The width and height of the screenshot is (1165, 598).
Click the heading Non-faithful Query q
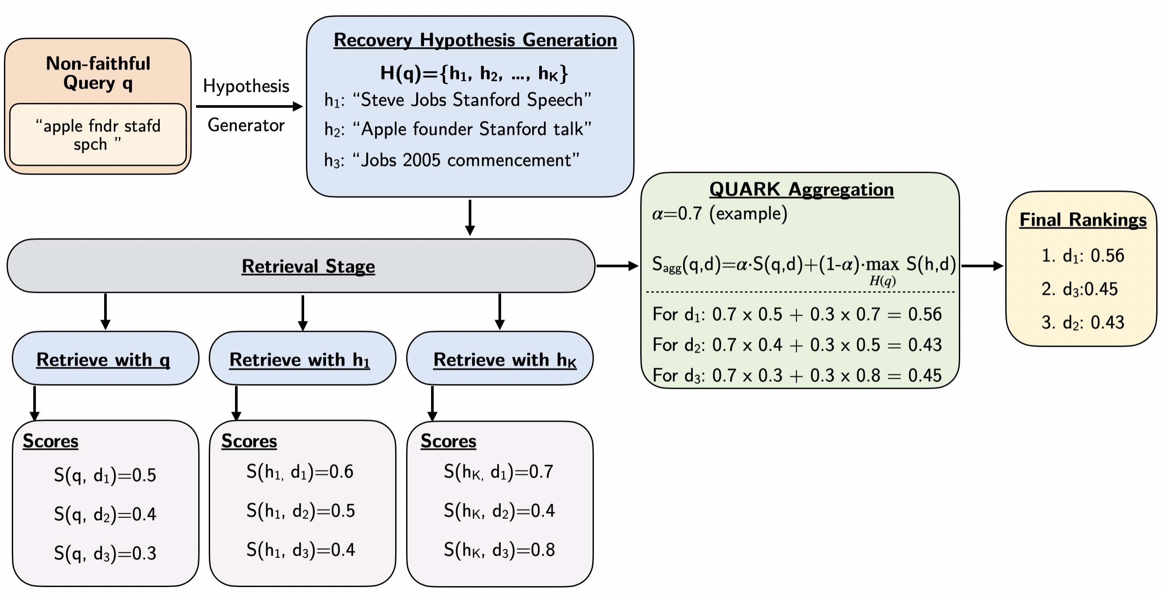pyautogui.click(x=98, y=73)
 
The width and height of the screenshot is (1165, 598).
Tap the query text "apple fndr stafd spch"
pyautogui.click(x=98, y=135)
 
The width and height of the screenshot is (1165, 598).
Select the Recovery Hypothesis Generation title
pyautogui.click(x=475, y=40)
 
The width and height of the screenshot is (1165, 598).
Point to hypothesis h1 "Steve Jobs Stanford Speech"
pyautogui.click(x=458, y=100)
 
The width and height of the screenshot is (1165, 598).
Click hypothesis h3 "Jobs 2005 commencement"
pyautogui.click(x=452, y=161)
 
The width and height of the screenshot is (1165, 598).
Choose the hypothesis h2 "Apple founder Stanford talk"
pyautogui.click(x=458, y=130)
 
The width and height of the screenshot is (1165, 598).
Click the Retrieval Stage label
pyautogui.click(x=308, y=266)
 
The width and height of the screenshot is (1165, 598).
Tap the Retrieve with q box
pyautogui.click(x=105, y=359)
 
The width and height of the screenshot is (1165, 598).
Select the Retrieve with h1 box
pyautogui.click(x=302, y=359)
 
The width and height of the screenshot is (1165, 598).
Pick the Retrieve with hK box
pyautogui.click(x=500, y=359)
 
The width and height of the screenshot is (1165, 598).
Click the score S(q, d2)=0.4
pyautogui.click(x=105, y=514)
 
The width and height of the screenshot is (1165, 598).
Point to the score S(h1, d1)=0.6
pyautogui.click(x=300, y=472)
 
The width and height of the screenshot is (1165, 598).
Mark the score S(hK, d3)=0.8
pyautogui.click(x=499, y=550)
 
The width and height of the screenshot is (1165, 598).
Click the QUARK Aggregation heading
pyautogui.click(x=801, y=190)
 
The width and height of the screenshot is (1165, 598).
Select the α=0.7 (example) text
pyautogui.click(x=719, y=214)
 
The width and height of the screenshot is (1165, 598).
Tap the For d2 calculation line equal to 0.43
pyautogui.click(x=797, y=345)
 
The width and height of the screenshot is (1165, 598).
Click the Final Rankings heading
pyautogui.click(x=1083, y=220)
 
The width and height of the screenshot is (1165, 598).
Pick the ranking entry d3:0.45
pyautogui.click(x=1079, y=289)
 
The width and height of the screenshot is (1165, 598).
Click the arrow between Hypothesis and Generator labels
pyautogui.click(x=249, y=107)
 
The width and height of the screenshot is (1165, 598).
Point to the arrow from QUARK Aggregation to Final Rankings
pyautogui.click(x=982, y=266)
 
